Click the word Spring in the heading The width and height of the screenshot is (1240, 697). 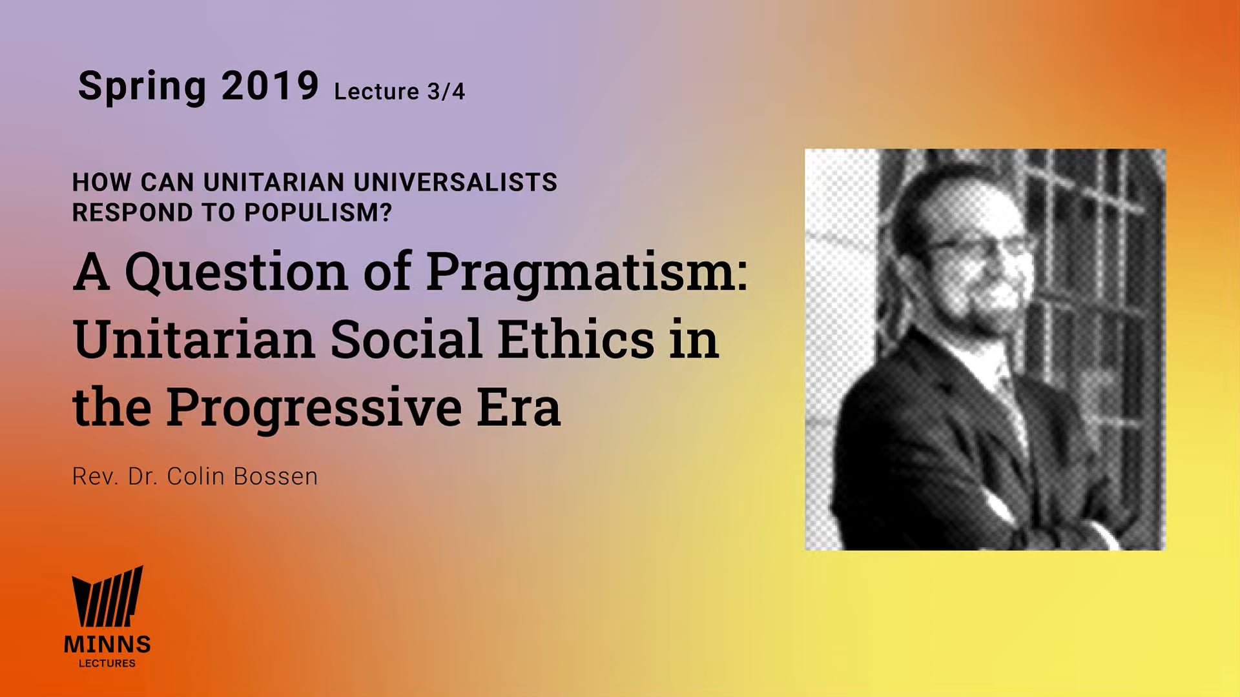click(141, 86)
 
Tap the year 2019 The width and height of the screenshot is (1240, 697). click(270, 85)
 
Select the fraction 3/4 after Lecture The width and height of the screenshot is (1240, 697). click(446, 92)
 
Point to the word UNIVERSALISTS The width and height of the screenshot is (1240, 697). click(455, 183)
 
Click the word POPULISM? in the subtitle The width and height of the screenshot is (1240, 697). click(318, 212)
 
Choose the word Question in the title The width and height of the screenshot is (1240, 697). click(236, 271)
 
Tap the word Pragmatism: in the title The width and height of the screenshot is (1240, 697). click(586, 271)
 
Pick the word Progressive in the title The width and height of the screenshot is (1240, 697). click(314, 407)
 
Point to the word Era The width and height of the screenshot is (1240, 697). click(519, 407)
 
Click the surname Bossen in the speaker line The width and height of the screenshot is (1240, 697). click(276, 476)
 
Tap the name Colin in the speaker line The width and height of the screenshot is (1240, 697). click(196, 476)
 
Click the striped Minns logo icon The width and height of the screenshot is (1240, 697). click(107, 597)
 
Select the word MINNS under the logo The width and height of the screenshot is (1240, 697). click(107, 644)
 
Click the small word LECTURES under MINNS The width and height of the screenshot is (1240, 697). click(107, 663)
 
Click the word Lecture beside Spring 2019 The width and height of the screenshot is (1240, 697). click(377, 92)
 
